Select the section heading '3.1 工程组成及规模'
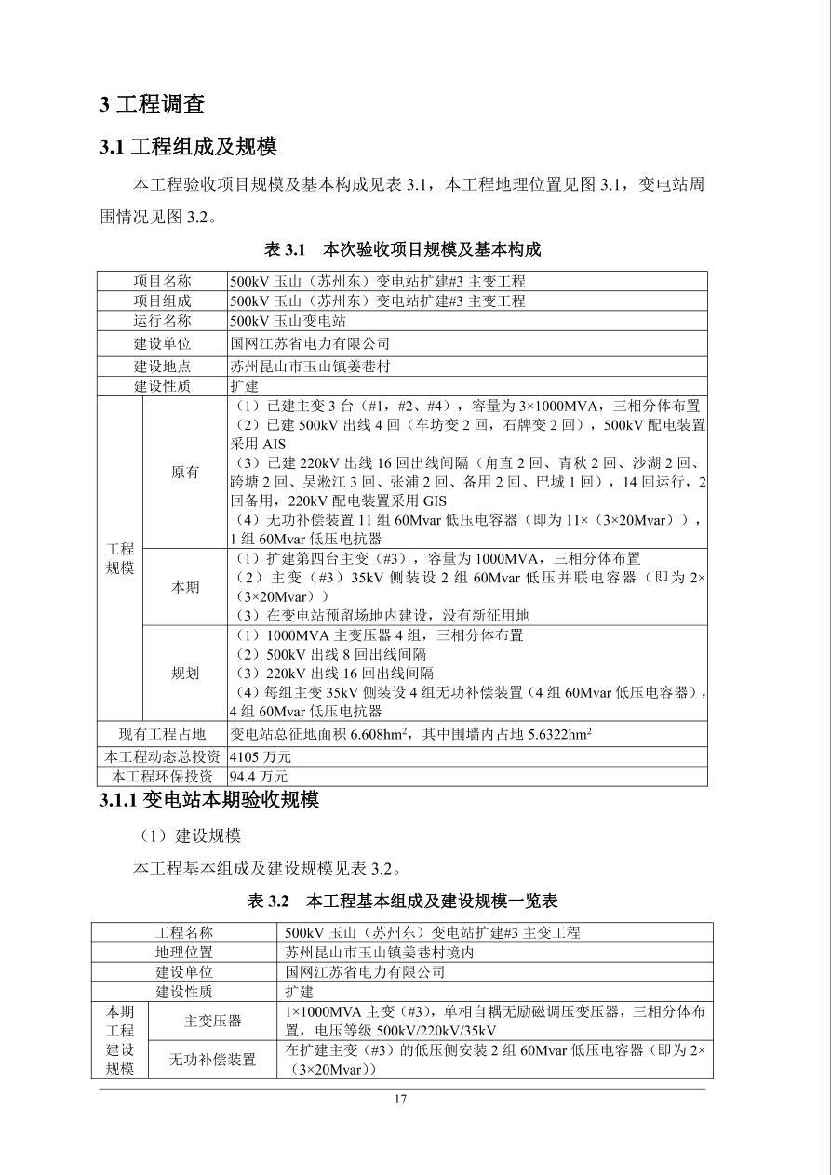188,147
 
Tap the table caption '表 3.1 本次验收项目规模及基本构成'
402,249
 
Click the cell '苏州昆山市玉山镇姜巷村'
310,365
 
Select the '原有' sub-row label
185,472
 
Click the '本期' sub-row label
185,587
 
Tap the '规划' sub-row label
185,674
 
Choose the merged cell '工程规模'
120,559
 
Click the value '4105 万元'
261,756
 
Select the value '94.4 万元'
259,776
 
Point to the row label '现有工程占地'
163,734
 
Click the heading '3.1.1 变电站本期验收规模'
208,800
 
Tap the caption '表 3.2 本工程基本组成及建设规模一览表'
402,901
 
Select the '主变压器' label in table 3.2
212,1021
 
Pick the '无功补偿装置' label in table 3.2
212,1060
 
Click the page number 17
401,1100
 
